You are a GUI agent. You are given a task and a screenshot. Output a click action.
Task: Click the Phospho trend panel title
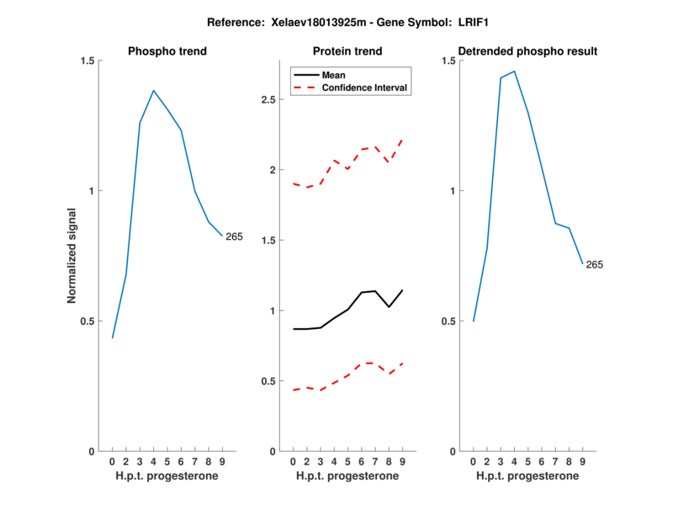tap(167, 51)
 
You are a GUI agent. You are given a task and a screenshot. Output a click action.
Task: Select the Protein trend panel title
tap(347, 51)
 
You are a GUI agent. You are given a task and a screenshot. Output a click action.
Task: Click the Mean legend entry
tap(334, 75)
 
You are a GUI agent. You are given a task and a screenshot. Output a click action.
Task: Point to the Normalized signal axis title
tap(72, 256)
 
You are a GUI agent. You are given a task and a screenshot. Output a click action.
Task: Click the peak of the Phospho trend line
tap(154, 90)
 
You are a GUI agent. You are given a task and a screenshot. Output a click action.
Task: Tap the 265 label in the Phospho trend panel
tap(234, 236)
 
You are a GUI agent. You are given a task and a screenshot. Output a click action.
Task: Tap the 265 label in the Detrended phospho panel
tap(595, 265)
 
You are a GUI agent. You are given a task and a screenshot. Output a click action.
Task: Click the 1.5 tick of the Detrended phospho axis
tap(448, 61)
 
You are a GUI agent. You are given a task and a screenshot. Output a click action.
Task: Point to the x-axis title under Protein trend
tap(347, 476)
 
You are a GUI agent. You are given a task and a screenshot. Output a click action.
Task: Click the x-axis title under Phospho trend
tap(167, 476)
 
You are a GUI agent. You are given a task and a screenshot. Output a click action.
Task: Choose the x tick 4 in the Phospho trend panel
tap(154, 461)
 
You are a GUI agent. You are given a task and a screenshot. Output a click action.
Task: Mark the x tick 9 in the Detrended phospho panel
tap(582, 461)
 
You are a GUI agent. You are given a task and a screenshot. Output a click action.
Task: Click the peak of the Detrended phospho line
tap(514, 72)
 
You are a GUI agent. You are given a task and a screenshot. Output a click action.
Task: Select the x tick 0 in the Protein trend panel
tap(293, 461)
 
